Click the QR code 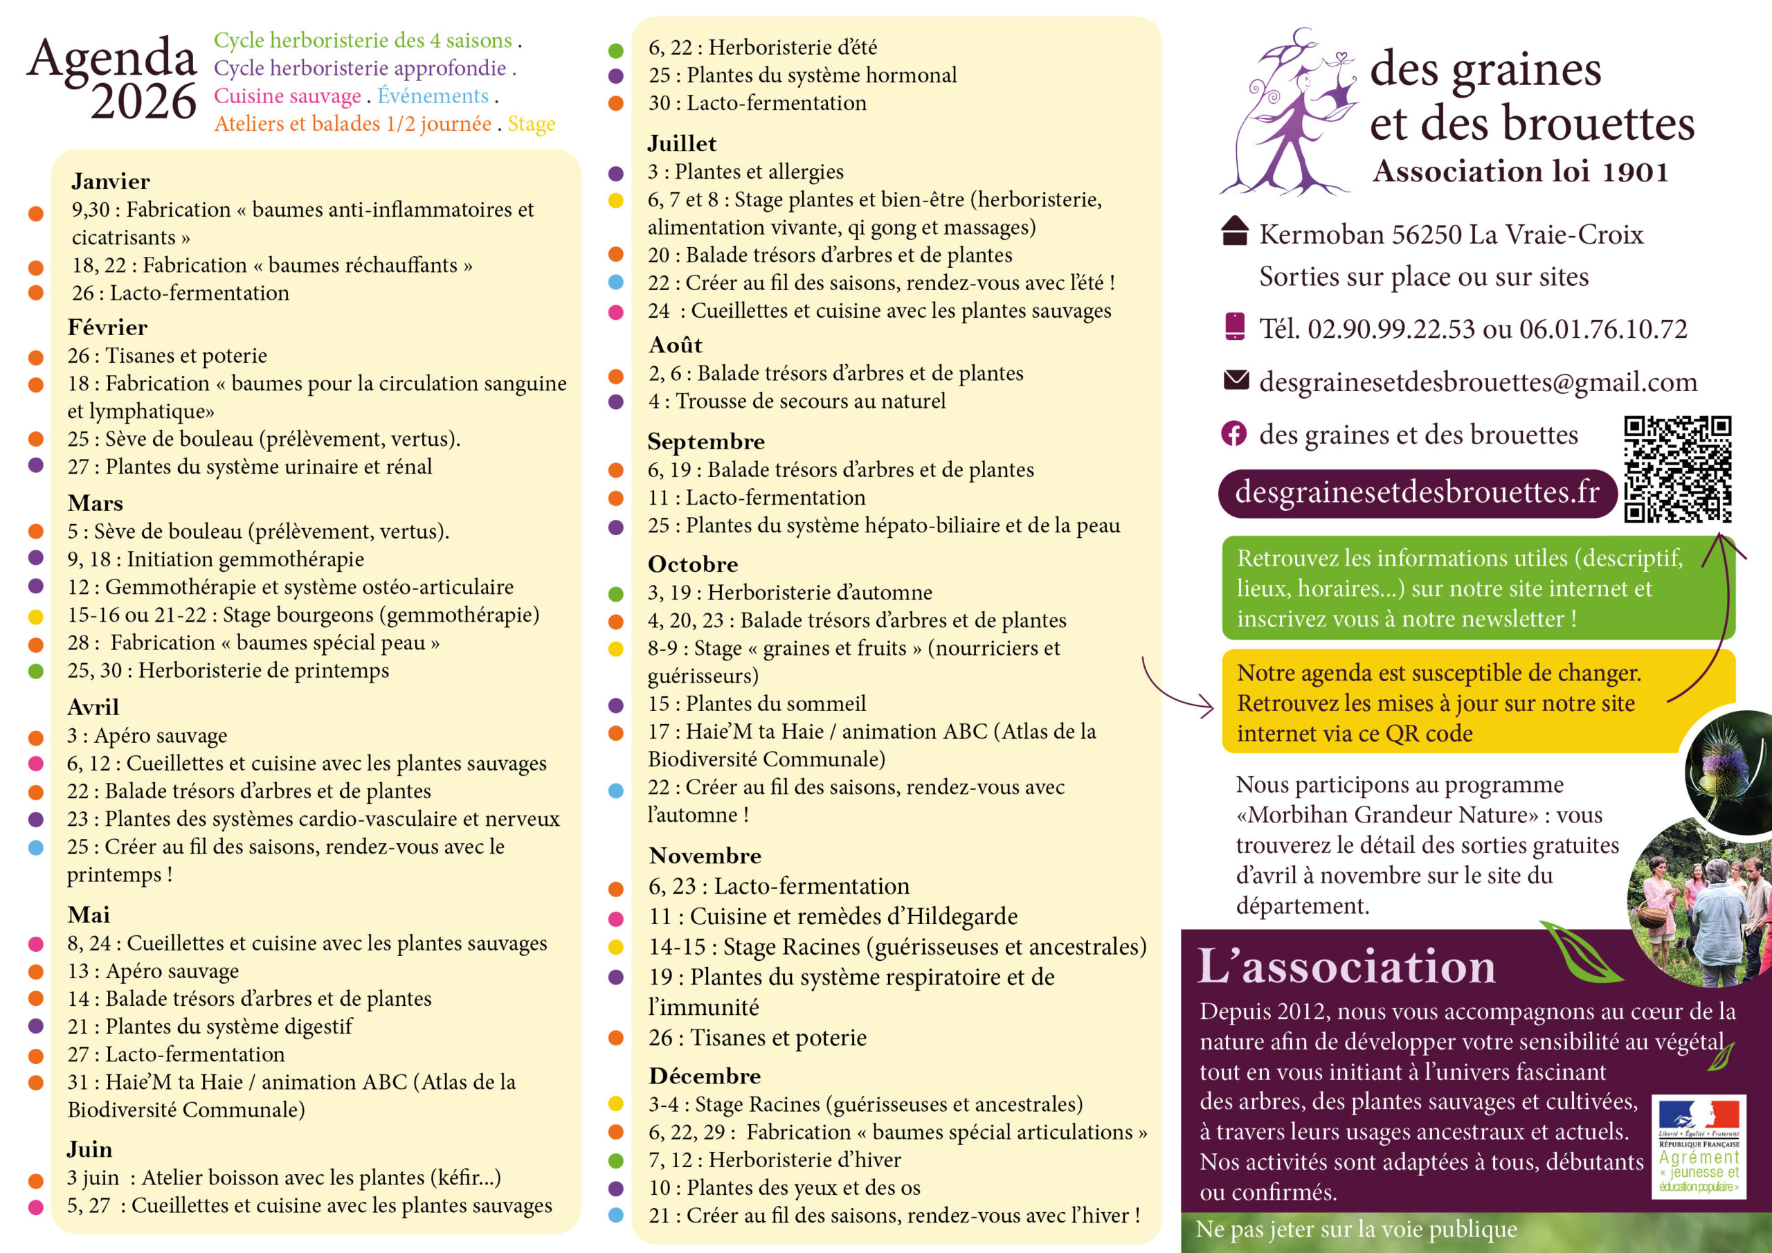(1677, 469)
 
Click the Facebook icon (1234, 435)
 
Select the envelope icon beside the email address (1236, 380)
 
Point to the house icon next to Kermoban (1235, 231)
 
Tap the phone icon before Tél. (1235, 327)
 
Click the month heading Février (107, 327)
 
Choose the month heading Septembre (706, 442)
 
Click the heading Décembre (705, 1076)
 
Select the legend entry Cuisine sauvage (287, 96)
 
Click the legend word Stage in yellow (531, 125)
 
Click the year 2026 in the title (143, 102)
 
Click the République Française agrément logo (1699, 1147)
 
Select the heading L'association (1347, 966)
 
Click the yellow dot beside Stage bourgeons (35, 617)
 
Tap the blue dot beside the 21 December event (616, 1215)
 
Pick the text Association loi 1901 (1521, 172)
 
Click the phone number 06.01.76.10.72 (1603, 330)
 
